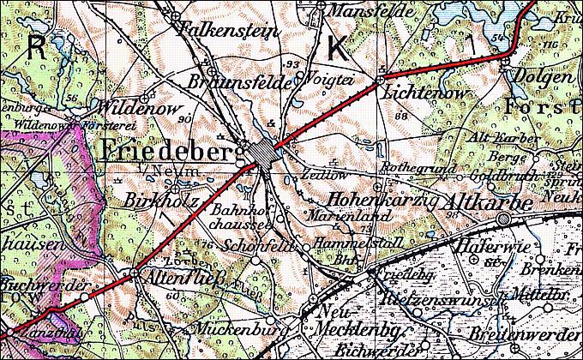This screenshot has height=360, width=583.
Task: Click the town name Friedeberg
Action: (x=166, y=152)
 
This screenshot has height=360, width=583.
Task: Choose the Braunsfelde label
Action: (x=237, y=84)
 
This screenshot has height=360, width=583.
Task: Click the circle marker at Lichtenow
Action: (x=380, y=81)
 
